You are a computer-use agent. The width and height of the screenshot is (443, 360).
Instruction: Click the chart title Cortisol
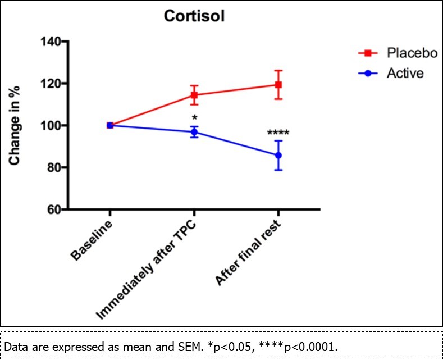pyautogui.click(x=194, y=16)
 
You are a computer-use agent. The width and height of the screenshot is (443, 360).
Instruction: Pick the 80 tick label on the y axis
pyautogui.click(x=53, y=167)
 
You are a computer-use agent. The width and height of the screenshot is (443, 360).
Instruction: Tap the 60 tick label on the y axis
pyautogui.click(x=53, y=209)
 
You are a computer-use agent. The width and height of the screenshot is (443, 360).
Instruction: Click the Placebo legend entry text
pyautogui.click(x=412, y=53)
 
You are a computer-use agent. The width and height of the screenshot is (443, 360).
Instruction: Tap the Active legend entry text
pyautogui.click(x=405, y=73)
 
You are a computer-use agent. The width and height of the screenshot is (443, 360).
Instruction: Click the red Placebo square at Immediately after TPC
pyautogui.click(x=194, y=95)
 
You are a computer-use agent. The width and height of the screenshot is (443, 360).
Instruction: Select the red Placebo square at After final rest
pyautogui.click(x=278, y=85)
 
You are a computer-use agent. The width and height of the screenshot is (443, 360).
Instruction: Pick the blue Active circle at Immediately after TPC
pyautogui.click(x=194, y=132)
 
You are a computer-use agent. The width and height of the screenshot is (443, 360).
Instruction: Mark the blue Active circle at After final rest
pyautogui.click(x=278, y=155)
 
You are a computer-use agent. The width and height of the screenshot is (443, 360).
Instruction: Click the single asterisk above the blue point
pyautogui.click(x=194, y=119)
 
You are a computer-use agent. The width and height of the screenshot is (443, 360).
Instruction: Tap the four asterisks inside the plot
pyautogui.click(x=278, y=134)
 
